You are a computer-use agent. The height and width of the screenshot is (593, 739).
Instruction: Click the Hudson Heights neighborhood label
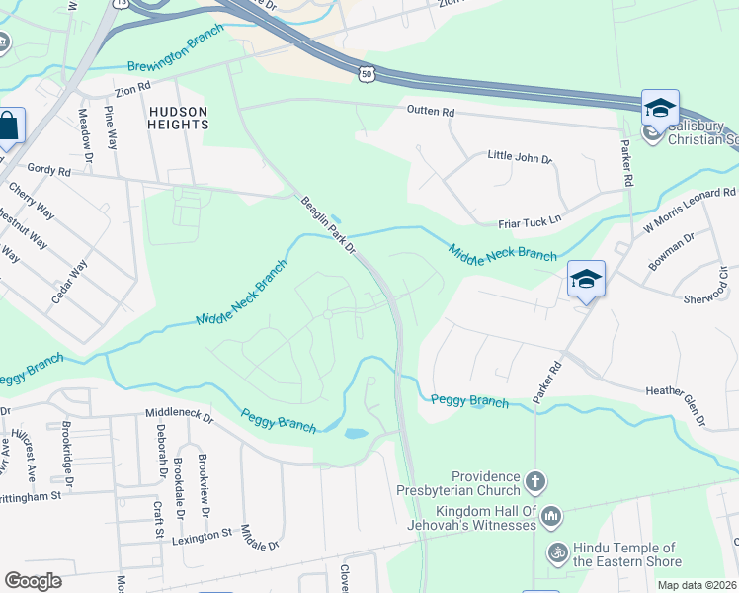[x=179, y=118]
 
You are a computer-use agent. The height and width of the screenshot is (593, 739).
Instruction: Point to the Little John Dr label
[x=520, y=156]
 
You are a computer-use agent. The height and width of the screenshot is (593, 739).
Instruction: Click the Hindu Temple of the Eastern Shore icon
[x=557, y=549]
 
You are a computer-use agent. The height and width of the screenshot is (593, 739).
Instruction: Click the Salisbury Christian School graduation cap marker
[x=660, y=108]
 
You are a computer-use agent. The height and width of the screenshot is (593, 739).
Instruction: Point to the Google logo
[x=33, y=581]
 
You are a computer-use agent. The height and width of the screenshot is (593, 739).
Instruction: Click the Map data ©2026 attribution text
[x=698, y=586]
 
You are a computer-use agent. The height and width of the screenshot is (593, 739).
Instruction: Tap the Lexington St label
[x=202, y=532]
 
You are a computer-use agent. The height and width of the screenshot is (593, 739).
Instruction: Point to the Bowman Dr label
[x=673, y=250]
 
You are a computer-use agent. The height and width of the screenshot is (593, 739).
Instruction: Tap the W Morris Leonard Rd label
[x=691, y=210]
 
